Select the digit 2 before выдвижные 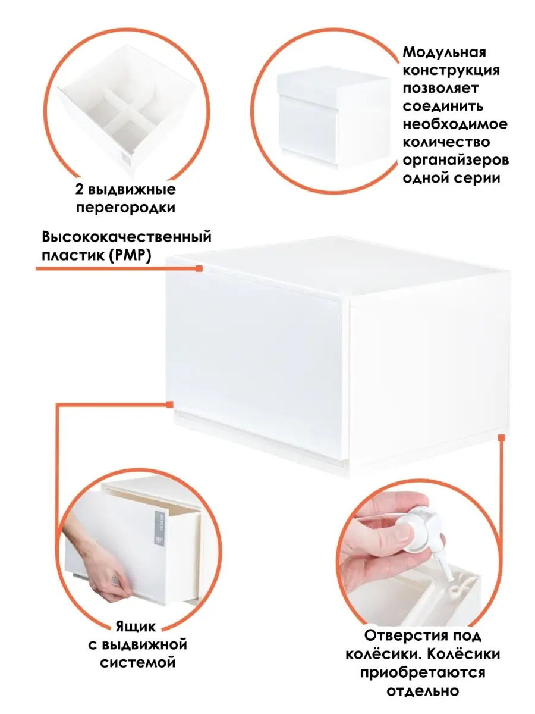tap(79, 189)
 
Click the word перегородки tap(125, 208)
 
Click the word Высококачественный tap(127, 237)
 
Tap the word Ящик tap(136, 626)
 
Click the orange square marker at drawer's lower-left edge tap(169, 405)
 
